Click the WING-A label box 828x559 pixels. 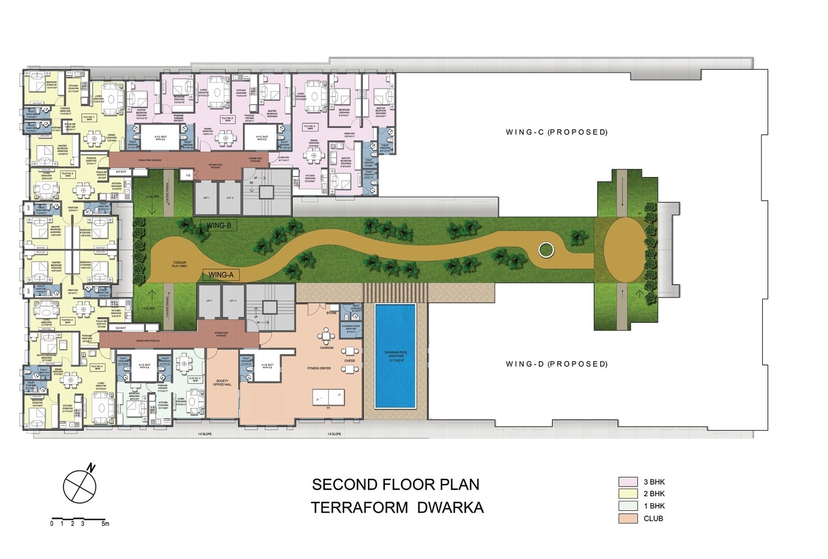pos(220,275)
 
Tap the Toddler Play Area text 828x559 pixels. pos(180,264)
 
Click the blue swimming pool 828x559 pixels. pos(395,355)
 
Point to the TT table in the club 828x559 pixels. pos(329,398)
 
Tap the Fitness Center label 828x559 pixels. pos(319,368)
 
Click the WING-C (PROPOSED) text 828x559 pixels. pos(556,132)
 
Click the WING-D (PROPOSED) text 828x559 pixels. pos(556,364)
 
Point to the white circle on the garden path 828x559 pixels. pos(545,251)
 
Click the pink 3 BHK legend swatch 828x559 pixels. pos(628,481)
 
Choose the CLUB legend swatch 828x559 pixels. pos(628,518)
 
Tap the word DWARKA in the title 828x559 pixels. pos(450,507)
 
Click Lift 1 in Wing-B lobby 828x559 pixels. pos(206,198)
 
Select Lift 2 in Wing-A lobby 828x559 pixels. pos(233,301)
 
